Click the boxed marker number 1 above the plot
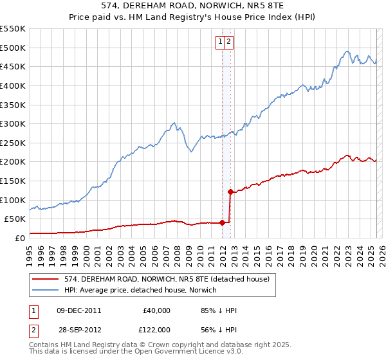221,42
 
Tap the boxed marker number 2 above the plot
228,42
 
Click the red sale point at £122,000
230,191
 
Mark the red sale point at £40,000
222,222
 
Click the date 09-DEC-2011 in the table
78,310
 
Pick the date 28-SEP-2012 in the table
78,330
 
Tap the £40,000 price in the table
156,310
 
